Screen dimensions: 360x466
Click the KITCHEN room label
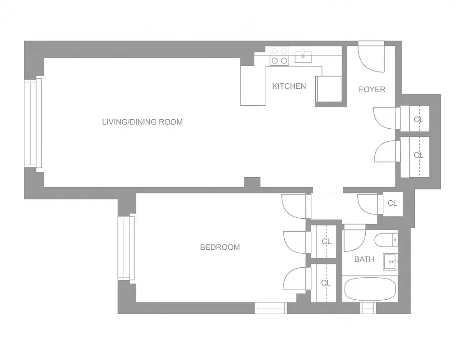289,86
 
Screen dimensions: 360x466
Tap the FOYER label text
372,90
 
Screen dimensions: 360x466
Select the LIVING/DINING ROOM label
142,121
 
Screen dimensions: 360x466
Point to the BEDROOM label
220,247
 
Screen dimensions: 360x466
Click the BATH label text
364,259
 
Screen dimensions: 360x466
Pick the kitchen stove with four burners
279,56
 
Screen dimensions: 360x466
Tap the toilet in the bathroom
386,240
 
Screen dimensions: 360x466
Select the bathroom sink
390,261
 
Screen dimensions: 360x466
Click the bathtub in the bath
370,289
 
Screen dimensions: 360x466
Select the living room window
33,124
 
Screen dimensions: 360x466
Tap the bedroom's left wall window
126,248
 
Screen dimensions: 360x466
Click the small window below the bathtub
368,308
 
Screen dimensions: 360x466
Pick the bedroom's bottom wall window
271,308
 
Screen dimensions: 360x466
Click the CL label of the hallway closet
392,203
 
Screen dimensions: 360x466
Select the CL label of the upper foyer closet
418,119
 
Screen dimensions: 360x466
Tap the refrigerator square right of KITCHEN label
330,89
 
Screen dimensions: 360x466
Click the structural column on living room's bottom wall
252,182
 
